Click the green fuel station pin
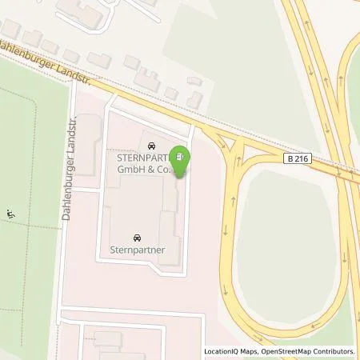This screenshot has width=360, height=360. [x=182, y=160]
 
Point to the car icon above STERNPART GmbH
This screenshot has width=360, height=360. [x=151, y=145]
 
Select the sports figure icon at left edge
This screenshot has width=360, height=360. [x=10, y=214]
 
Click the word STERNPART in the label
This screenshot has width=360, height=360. [x=135, y=157]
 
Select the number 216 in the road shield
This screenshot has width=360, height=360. [x=302, y=160]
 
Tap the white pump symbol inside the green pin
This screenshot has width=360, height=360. [x=182, y=156]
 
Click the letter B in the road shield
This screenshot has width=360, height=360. [x=290, y=160]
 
